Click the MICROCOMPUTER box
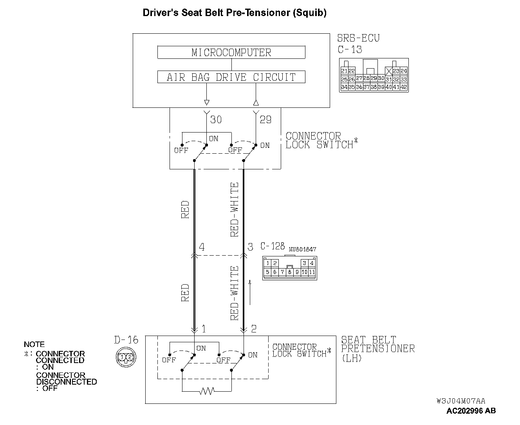pos(231,53)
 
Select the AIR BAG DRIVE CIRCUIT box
pos(231,77)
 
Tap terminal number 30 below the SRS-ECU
pos(216,119)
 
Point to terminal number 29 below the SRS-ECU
pos(265,119)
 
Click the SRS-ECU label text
pos(358,38)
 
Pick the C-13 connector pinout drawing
pos(374,76)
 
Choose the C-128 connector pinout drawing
pos(290,268)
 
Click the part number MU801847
pos(302,249)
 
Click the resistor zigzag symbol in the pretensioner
pos(206,391)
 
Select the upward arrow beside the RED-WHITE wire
pos(250,292)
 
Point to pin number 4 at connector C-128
pos(202,247)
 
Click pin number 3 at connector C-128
pos(250,247)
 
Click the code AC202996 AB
pos(471,411)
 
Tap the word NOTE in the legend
pos(34,344)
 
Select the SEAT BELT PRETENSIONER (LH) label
pos(377,349)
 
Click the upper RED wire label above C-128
pos(185,210)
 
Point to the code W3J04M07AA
pos(461,401)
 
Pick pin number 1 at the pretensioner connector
pos(204,329)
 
